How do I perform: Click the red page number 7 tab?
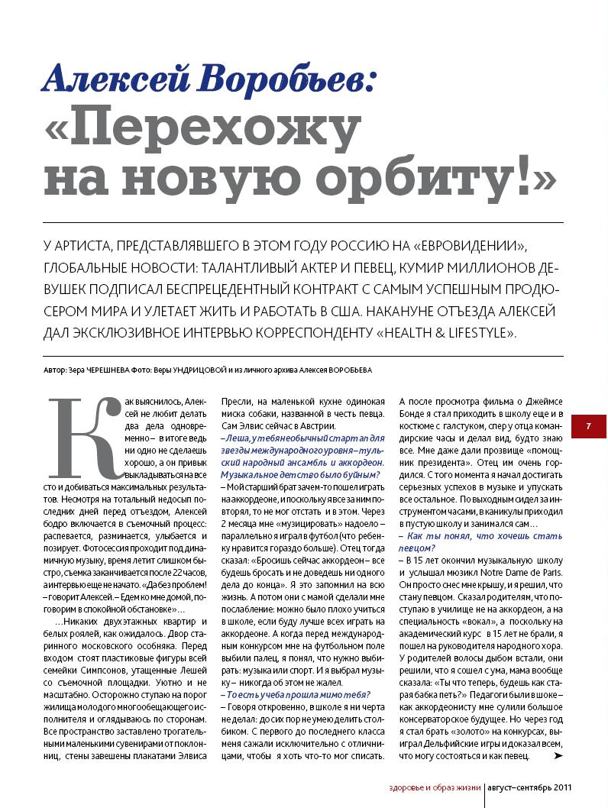pyautogui.click(x=588, y=426)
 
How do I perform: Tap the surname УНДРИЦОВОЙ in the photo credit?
pyautogui.click(x=201, y=370)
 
